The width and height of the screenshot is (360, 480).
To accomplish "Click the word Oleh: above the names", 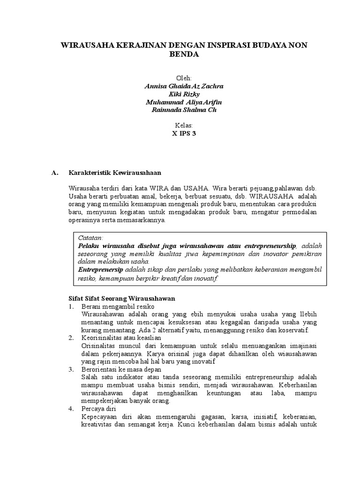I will pyautogui.click(x=184, y=78).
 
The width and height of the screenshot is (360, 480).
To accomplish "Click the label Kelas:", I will pyautogui.click(x=184, y=126).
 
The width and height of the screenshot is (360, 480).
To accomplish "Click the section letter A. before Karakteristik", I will pyautogui.click(x=54, y=172).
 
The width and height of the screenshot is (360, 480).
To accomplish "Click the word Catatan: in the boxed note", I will pyautogui.click(x=91, y=238).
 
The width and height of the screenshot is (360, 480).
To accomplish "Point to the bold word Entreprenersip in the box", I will pyautogui.click(x=100, y=270).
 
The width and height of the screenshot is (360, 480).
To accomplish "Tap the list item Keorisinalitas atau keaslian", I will pyautogui.click(x=121, y=337).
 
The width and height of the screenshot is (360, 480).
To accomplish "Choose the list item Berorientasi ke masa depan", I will pyautogui.click(x=121, y=369).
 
